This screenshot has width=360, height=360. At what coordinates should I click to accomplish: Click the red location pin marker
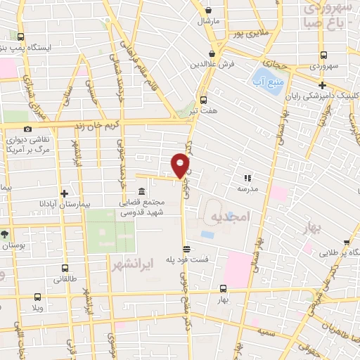(181, 165)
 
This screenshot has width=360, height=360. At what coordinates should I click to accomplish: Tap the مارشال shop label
(209, 22)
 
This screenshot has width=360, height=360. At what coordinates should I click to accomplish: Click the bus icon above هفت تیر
(203, 99)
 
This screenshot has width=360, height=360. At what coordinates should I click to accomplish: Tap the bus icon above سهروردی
(322, 54)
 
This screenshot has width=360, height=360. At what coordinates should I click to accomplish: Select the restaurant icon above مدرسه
(247, 178)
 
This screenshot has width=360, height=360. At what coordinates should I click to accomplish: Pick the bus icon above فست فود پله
(186, 249)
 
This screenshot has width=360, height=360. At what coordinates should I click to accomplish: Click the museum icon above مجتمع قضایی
(142, 192)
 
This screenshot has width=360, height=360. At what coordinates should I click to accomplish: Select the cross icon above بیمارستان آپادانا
(64, 193)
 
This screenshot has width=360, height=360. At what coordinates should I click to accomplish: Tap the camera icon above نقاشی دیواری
(27, 129)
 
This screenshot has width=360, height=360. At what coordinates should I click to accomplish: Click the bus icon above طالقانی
(65, 268)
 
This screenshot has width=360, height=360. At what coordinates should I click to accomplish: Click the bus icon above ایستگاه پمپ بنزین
(20, 37)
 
